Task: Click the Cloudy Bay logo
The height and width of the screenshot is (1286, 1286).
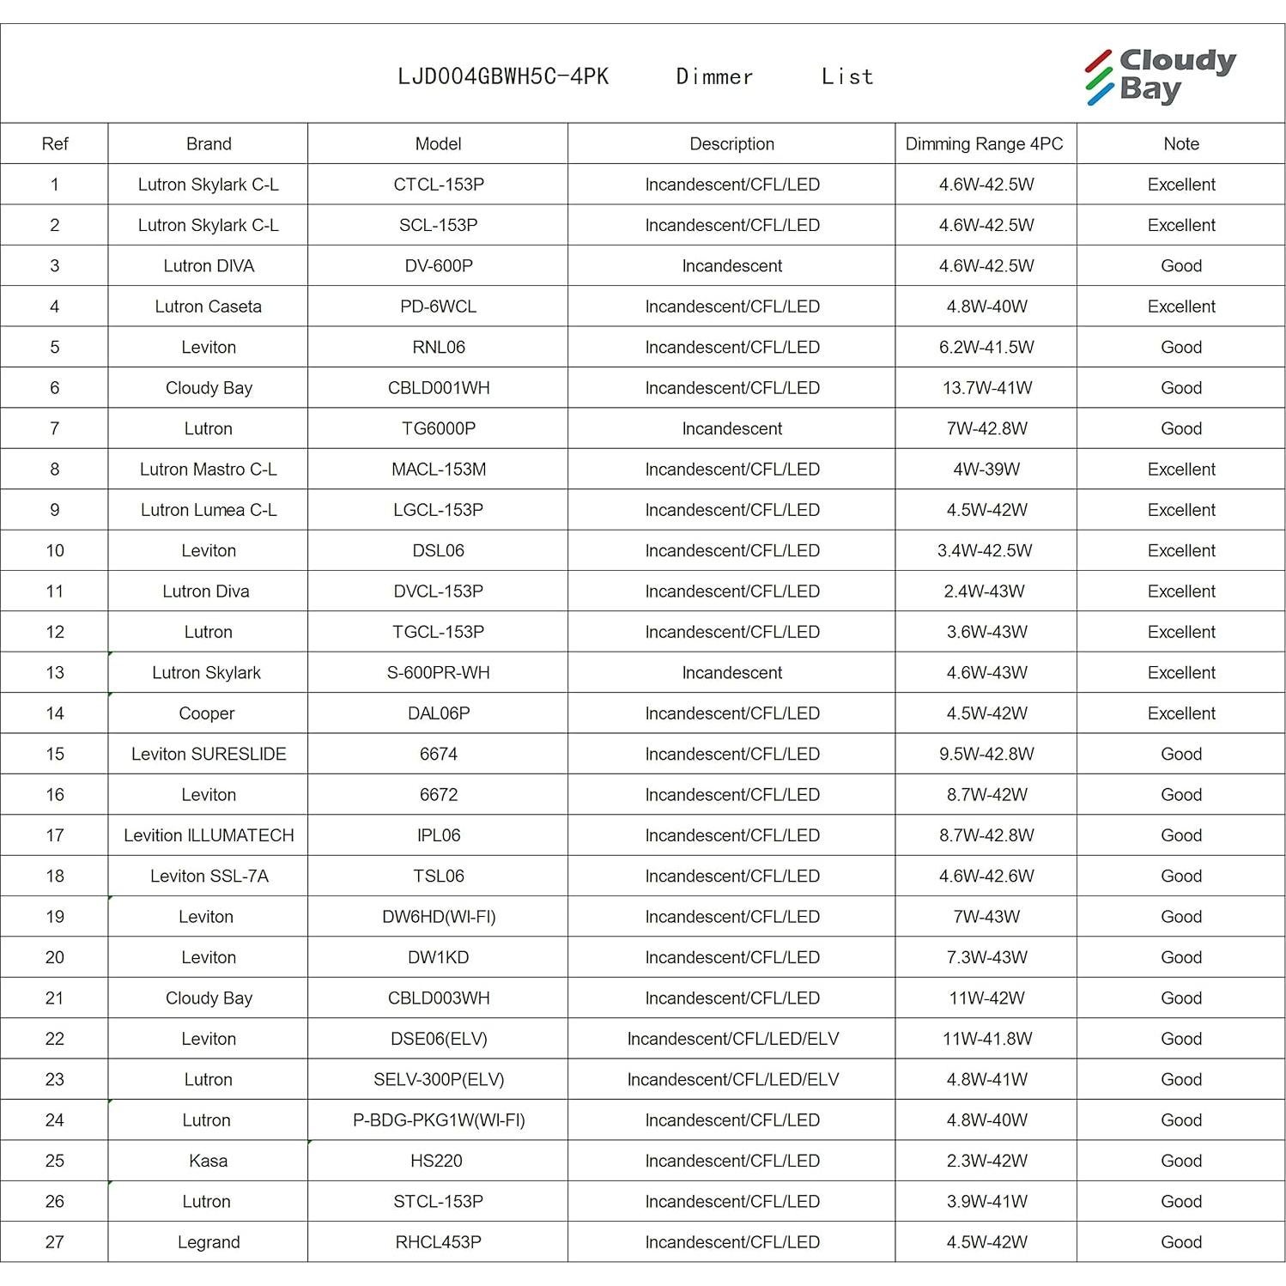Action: [1160, 76]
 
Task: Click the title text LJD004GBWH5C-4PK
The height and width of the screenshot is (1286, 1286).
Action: [503, 77]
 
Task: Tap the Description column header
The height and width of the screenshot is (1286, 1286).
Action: [731, 144]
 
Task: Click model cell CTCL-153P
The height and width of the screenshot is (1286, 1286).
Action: [438, 185]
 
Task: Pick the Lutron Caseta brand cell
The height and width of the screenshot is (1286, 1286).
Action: [208, 306]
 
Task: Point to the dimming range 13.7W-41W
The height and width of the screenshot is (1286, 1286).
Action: [986, 388]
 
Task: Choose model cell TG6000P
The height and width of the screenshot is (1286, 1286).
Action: [438, 428]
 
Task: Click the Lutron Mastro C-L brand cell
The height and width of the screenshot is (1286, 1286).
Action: [208, 470]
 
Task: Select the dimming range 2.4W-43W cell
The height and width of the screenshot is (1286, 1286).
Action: [986, 591]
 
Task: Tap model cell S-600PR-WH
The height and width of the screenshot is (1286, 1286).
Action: [438, 673]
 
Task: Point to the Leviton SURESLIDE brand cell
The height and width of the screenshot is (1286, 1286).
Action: [209, 754]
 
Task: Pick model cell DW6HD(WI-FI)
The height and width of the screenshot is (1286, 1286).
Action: [438, 917]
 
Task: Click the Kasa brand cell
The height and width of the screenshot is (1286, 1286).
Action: [208, 1161]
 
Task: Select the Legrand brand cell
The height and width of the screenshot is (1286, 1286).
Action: [208, 1242]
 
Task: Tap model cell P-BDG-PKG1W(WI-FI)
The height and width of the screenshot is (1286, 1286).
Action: [438, 1120]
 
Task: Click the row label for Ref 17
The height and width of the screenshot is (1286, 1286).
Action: [55, 835]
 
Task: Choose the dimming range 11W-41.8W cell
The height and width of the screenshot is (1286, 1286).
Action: [986, 1039]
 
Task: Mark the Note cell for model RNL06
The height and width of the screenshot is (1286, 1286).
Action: [1180, 348]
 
